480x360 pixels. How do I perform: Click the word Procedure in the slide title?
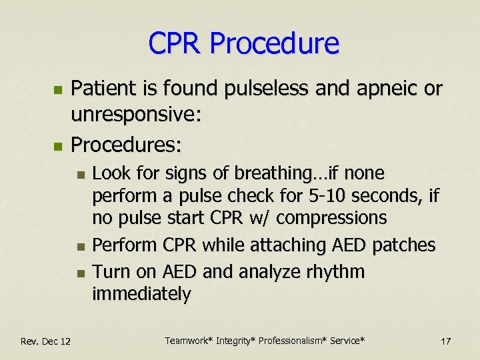(274, 44)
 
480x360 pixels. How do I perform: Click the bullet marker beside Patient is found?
(58, 89)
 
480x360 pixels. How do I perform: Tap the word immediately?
(141, 294)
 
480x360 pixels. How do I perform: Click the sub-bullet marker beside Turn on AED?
(80, 273)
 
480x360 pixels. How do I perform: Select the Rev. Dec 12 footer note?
(45, 341)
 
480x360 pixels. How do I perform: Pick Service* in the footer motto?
(343, 341)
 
